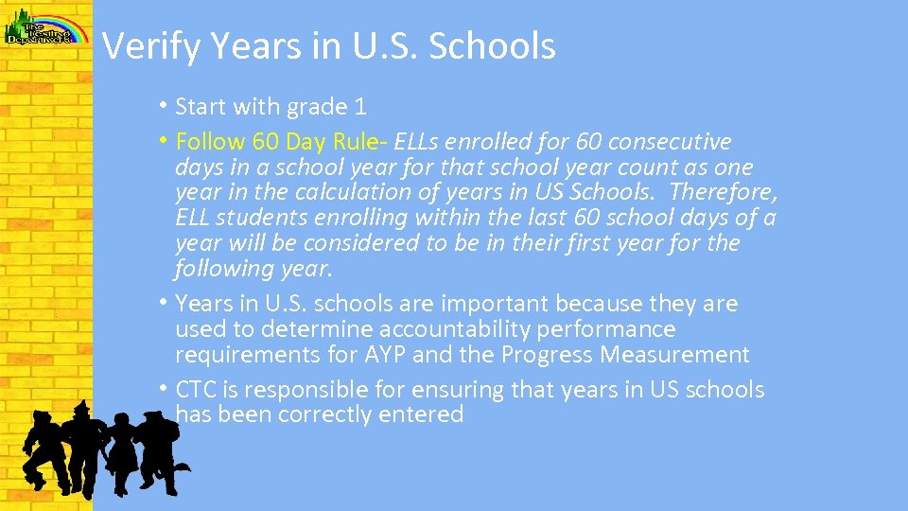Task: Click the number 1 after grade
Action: (x=360, y=106)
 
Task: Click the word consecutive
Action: (x=670, y=142)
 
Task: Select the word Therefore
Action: (x=723, y=192)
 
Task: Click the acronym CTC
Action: (x=195, y=390)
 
